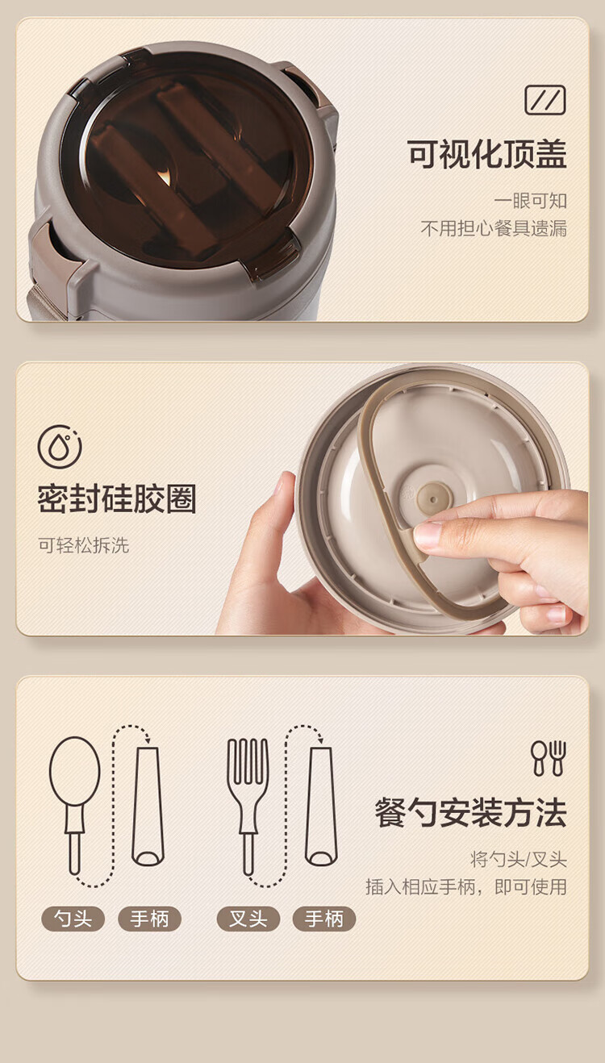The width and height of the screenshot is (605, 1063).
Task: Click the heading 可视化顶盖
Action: coord(487,154)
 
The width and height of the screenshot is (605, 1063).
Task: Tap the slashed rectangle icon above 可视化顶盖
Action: coord(544,100)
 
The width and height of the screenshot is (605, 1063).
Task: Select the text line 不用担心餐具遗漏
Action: coord(494,228)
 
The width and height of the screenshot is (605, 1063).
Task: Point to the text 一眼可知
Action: coord(531,201)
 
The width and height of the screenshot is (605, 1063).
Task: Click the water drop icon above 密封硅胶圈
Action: coord(60,447)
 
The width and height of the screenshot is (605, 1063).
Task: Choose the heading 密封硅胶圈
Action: coord(117,498)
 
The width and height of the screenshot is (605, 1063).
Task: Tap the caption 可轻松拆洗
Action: coord(84,545)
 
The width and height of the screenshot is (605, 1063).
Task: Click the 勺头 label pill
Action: coord(73,919)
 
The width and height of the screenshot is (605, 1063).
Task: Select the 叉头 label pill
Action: coord(248,919)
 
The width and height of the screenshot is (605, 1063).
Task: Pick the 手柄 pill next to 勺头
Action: coord(149,919)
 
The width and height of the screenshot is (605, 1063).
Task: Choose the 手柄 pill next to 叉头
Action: coord(324,919)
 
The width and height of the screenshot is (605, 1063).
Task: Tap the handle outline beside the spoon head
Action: coord(148,807)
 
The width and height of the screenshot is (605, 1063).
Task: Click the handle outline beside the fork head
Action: coord(321,807)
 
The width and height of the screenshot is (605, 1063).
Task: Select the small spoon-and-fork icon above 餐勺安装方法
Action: coord(549,758)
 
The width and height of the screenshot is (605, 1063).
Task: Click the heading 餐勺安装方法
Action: coord(471,812)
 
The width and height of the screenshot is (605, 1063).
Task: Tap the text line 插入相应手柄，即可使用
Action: coord(466,886)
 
